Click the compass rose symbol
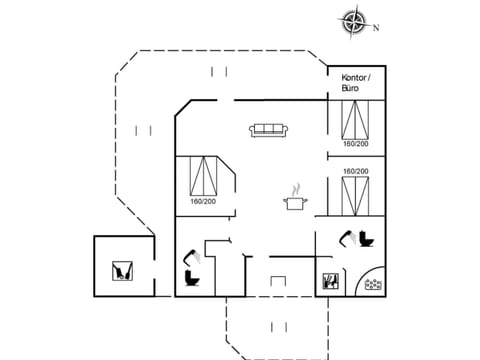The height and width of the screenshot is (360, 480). pos(354,21)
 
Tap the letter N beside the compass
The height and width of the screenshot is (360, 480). pos(376,28)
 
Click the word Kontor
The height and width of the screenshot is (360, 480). pos(355,77)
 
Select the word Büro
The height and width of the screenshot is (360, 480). pos(350,88)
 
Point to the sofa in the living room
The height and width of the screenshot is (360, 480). pos(268,130)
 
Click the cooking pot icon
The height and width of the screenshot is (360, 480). pos(295,203)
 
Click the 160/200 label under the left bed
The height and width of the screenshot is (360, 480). pos(203,202)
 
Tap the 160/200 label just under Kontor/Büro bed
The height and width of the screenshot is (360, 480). pos(354,143)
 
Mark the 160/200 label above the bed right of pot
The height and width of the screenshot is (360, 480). pos(354,171)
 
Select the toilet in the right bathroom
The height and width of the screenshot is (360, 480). pos(366,241)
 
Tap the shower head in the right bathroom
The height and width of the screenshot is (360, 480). pos(346,237)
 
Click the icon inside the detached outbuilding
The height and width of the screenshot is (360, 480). pos(122,270)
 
